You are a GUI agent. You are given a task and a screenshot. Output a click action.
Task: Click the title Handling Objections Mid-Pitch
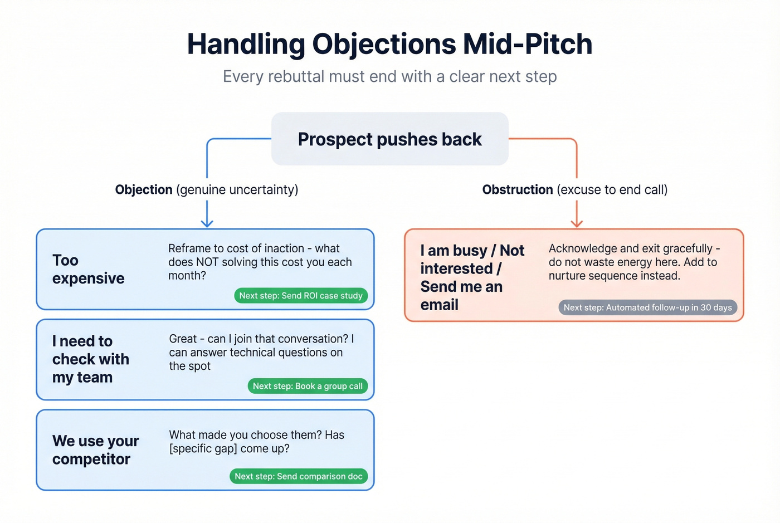(x=389, y=44)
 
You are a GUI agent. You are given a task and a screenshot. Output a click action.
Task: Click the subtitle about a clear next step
(x=389, y=76)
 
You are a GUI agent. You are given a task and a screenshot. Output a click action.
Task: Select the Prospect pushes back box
(x=389, y=139)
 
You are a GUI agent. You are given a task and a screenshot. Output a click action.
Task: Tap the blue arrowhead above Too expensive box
(x=207, y=223)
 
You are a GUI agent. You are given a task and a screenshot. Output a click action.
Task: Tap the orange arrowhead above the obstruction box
(x=577, y=223)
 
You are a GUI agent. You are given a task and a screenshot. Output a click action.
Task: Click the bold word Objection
(x=144, y=189)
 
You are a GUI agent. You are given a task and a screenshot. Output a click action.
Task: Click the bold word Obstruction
(x=518, y=189)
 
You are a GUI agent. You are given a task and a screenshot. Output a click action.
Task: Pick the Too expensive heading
(x=88, y=269)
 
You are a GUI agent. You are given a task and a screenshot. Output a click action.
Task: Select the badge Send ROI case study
(x=301, y=296)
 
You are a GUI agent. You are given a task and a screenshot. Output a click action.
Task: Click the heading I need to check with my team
(x=90, y=359)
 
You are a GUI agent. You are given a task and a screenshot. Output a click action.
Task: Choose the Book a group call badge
(x=308, y=386)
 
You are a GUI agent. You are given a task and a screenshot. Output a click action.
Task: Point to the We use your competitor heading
(x=95, y=449)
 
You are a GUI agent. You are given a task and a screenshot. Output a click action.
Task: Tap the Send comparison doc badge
(x=299, y=476)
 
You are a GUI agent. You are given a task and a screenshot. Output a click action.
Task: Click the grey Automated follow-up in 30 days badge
(x=647, y=307)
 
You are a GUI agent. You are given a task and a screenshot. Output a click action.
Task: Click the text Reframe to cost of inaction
(x=236, y=248)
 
